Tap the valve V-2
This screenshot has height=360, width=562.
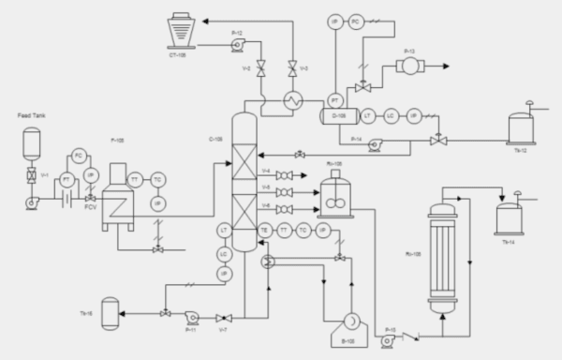pos(260,67)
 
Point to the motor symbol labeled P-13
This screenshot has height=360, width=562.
pos(410,67)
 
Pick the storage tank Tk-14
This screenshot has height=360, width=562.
pos(510,217)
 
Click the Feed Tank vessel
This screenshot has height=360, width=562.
pos(32,143)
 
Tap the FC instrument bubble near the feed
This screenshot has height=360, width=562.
pos(80,155)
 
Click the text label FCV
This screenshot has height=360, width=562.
pos(91,207)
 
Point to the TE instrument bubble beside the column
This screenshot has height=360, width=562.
pos(265,230)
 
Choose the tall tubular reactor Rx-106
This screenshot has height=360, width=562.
pos(443,253)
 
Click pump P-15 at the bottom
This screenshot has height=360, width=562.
pos(390,339)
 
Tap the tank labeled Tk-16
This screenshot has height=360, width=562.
pos(110,312)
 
